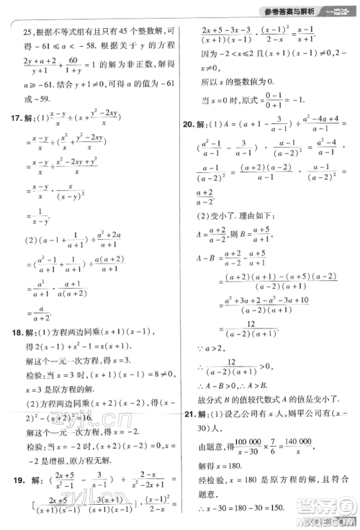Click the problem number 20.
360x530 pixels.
point(191,125)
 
